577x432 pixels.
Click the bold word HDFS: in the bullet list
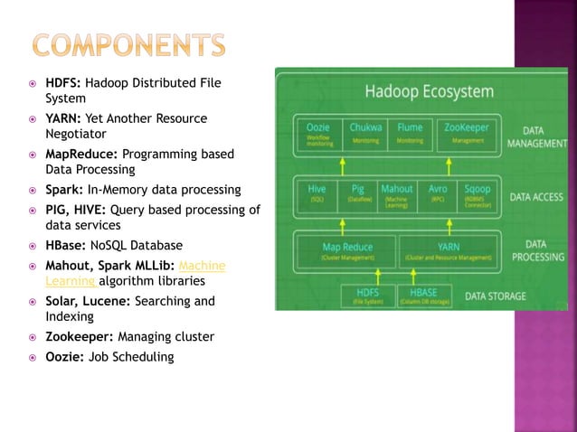(x=63, y=83)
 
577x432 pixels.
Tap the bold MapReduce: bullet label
(x=81, y=154)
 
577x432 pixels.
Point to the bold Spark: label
(x=64, y=190)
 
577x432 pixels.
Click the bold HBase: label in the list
(x=66, y=245)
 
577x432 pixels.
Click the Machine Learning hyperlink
(x=203, y=265)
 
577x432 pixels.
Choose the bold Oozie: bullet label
(x=64, y=357)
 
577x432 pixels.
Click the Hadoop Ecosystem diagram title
(x=429, y=91)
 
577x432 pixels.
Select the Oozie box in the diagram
(x=319, y=133)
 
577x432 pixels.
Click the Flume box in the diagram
(x=409, y=133)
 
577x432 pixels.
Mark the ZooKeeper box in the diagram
(x=467, y=133)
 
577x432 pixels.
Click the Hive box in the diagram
(x=317, y=193)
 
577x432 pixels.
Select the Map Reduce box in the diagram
(x=347, y=250)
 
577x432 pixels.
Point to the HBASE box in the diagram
(x=423, y=296)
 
